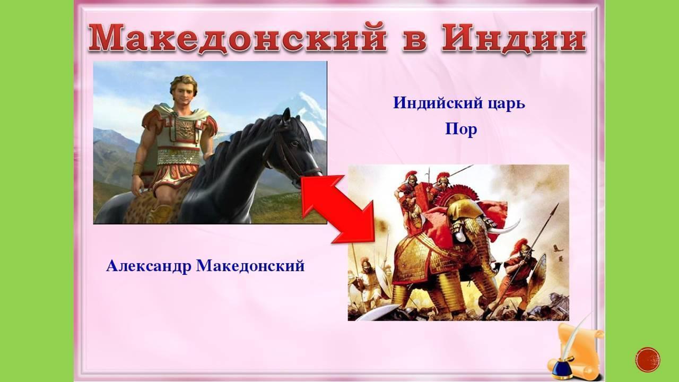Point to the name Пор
click(x=461, y=129)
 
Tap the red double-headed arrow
click(x=338, y=209)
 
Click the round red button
click(x=648, y=360)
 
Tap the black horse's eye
click(x=293, y=144)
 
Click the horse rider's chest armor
click(x=183, y=133)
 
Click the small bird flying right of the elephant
click(x=558, y=248)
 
